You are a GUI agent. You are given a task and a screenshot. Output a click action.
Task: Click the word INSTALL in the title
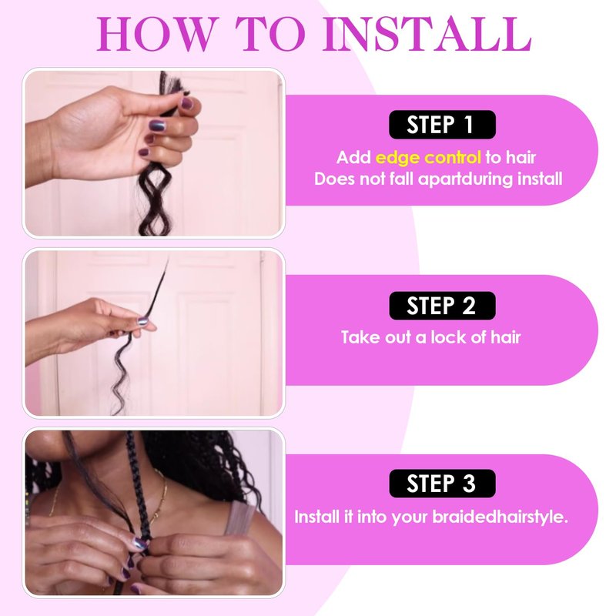click(427, 34)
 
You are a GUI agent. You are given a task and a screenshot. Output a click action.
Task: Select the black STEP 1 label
click(442, 125)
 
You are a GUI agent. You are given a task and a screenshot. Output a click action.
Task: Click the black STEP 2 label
click(442, 305)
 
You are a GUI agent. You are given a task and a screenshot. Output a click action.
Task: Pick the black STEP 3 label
click(442, 484)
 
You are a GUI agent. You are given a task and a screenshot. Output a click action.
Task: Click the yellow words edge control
click(428, 158)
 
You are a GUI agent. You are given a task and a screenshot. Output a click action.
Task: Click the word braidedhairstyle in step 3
click(500, 517)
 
